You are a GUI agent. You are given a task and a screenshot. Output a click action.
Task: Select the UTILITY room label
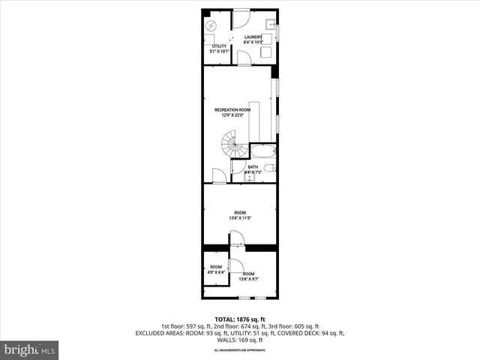[219, 46]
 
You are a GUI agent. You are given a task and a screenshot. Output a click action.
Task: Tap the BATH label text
[253, 166]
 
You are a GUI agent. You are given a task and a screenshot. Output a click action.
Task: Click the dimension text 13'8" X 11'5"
[240, 218]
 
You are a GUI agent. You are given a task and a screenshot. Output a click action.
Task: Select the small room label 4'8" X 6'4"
[216, 272]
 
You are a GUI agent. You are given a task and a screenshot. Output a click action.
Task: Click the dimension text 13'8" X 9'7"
[248, 279]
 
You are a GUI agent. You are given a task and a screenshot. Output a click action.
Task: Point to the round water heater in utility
[211, 25]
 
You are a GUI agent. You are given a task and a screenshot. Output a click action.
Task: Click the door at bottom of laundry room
[244, 58]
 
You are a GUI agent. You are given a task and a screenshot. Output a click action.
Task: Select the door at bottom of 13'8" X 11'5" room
[236, 238]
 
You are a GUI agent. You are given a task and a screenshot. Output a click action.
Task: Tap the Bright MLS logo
[30, 349]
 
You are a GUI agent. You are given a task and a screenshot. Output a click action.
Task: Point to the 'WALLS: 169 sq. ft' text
[240, 339]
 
